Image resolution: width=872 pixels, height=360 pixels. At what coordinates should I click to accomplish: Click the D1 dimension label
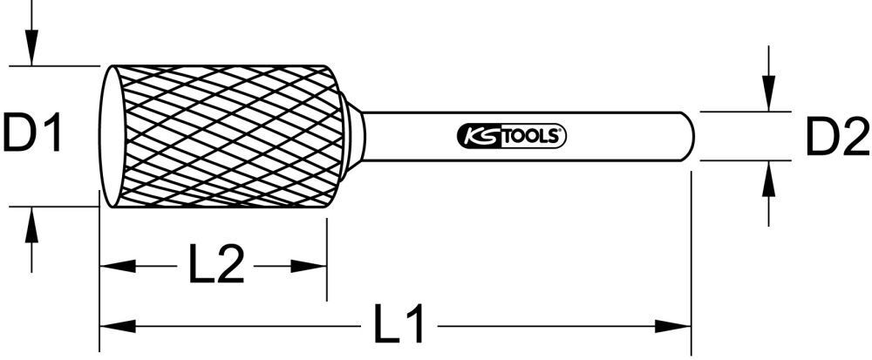33,135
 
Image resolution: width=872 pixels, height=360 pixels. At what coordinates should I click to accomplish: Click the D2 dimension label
835,137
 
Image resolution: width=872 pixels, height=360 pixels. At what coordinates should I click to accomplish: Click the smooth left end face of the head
110,135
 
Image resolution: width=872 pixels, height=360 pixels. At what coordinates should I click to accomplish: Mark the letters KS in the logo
475,136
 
